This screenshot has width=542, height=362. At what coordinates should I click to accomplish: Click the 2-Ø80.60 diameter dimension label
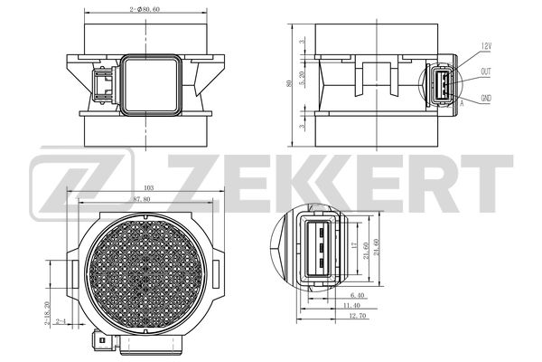[145, 9]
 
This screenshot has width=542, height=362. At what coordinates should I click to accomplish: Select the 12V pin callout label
[486, 46]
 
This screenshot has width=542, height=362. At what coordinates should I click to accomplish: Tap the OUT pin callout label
[486, 72]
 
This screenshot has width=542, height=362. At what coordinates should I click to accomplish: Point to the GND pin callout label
[486, 99]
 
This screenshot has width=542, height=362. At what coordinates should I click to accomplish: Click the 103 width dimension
[148, 188]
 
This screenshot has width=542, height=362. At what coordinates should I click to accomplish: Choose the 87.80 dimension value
[142, 199]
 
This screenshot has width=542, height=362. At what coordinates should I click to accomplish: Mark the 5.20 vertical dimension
[302, 80]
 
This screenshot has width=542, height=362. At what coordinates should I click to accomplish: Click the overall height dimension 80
[289, 83]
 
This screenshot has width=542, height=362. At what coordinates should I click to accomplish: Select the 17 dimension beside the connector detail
[353, 245]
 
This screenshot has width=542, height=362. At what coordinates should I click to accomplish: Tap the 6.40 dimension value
[357, 296]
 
